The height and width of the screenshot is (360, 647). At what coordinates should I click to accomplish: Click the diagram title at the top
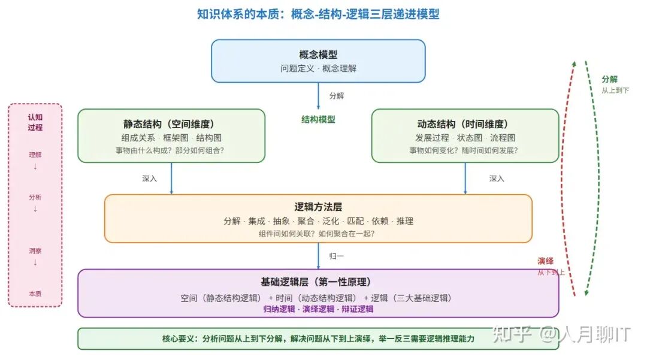pyautogui.click(x=318, y=14)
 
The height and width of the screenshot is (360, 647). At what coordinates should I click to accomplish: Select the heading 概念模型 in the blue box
pyautogui.click(x=318, y=55)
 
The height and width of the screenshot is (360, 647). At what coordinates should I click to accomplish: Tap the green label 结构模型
pyautogui.click(x=318, y=119)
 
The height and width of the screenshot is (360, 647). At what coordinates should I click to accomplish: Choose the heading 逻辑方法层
pyautogui.click(x=318, y=207)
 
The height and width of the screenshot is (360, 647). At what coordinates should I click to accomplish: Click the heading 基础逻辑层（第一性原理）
pyautogui.click(x=318, y=282)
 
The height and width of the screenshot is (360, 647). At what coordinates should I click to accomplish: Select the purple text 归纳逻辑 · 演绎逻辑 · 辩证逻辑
pyautogui.click(x=318, y=309)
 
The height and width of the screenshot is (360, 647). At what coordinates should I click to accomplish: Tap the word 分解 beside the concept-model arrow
pyautogui.click(x=337, y=95)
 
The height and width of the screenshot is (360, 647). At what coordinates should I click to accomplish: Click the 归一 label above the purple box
pyautogui.click(x=337, y=256)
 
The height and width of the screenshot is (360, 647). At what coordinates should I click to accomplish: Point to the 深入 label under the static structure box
pyautogui.click(x=149, y=179)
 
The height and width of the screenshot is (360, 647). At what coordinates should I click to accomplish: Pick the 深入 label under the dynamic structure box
pyautogui.click(x=497, y=179)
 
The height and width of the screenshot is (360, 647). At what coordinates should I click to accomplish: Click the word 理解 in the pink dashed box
pyautogui.click(x=35, y=155)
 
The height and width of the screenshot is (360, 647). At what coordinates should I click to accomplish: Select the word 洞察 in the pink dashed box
pyautogui.click(x=35, y=251)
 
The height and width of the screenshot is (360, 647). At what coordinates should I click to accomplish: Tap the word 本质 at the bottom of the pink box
pyautogui.click(x=35, y=294)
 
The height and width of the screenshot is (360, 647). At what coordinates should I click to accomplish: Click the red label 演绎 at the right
pyautogui.click(x=545, y=261)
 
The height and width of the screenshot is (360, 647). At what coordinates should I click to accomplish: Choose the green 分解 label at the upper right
pyautogui.click(x=610, y=79)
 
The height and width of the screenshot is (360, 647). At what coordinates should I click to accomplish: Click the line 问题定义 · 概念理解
pyautogui.click(x=318, y=68)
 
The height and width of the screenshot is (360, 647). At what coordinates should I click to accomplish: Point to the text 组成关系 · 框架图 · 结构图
pyautogui.click(x=171, y=138)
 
